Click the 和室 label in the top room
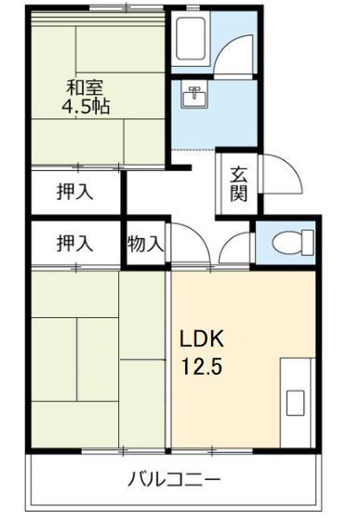point(84,88)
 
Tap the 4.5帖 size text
point(85,107)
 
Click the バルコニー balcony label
point(174,480)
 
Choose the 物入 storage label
point(146,245)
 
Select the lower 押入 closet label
point(74,245)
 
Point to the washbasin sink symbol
point(195,96)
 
